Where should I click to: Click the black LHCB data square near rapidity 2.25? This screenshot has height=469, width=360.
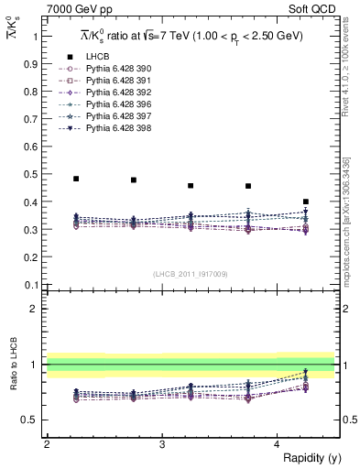(x=76, y=179)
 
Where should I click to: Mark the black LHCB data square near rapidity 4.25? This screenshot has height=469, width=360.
(x=306, y=202)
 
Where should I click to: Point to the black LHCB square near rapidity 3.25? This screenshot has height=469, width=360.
(x=191, y=186)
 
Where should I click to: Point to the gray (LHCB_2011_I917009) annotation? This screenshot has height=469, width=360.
(x=191, y=274)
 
